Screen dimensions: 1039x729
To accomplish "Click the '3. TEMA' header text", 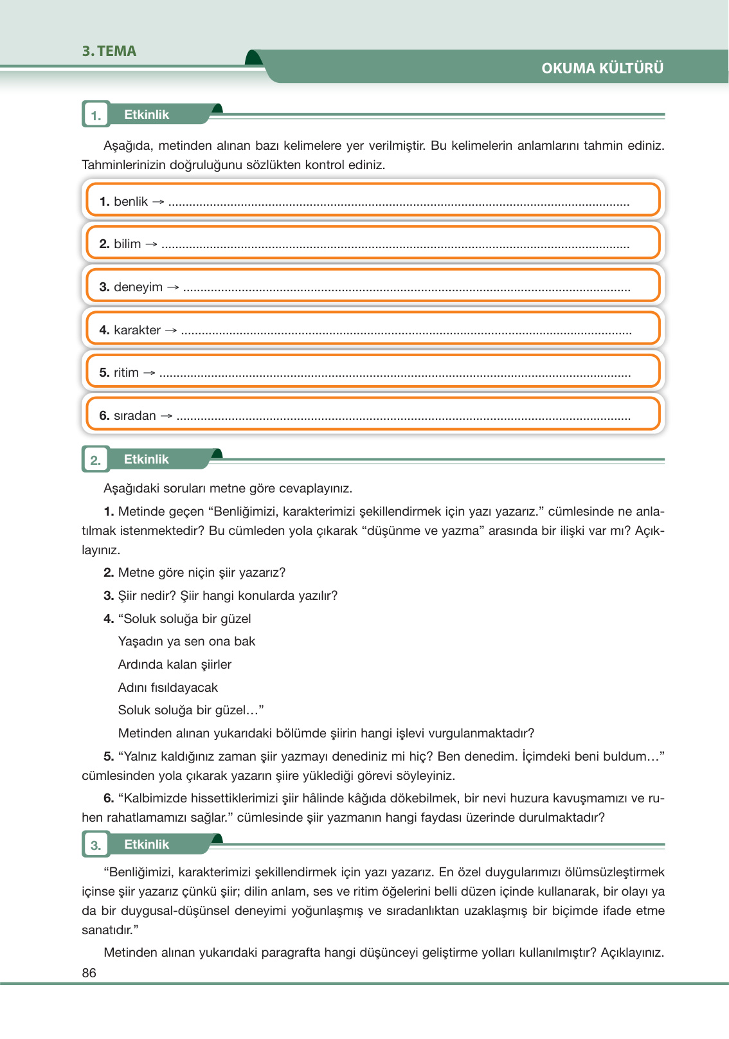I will pyautogui.click(x=109, y=51).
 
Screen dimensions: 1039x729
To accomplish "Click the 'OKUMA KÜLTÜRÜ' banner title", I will pyautogui.click(x=602, y=68).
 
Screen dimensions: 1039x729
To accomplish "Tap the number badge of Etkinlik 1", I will pyautogui.click(x=96, y=116).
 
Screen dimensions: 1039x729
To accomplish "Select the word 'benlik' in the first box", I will pyautogui.click(x=130, y=202).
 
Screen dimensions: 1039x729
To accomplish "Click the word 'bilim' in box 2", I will pyautogui.click(x=127, y=244).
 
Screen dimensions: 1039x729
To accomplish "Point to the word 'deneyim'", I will pyautogui.click(x=138, y=287).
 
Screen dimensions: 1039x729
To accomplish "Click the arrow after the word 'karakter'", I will pyautogui.click(x=171, y=330).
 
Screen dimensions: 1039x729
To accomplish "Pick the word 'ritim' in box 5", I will pyautogui.click(x=126, y=373).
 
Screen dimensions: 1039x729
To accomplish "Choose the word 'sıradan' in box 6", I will pyautogui.click(x=134, y=416).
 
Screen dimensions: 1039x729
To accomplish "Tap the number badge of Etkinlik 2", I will pyautogui.click(x=96, y=460).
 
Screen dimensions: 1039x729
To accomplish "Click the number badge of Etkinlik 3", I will pyautogui.click(x=96, y=845).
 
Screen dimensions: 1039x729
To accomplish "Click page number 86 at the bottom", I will pyautogui.click(x=89, y=973).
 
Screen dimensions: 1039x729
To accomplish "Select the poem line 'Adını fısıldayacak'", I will pyautogui.click(x=168, y=688).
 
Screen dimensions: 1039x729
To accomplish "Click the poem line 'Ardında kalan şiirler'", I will pyautogui.click(x=174, y=665).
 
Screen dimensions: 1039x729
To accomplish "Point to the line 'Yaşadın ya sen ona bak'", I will pyautogui.click(x=186, y=642).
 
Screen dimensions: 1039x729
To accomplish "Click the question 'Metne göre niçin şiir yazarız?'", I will pyautogui.click(x=201, y=573).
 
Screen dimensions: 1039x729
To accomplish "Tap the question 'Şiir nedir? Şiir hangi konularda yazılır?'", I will pyautogui.click(x=228, y=596).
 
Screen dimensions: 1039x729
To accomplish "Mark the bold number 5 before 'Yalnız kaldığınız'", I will pyautogui.click(x=109, y=757).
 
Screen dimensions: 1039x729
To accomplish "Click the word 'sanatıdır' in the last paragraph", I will pyautogui.click(x=108, y=930).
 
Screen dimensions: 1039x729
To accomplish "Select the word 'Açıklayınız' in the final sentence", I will pyautogui.click(x=631, y=953).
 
